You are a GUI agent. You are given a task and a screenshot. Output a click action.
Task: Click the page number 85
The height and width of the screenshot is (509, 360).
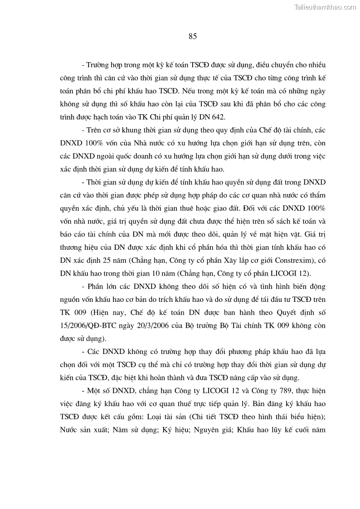[x=192, y=37]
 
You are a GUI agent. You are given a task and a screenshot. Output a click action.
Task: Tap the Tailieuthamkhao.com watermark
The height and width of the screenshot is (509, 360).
[x=325, y=7]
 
